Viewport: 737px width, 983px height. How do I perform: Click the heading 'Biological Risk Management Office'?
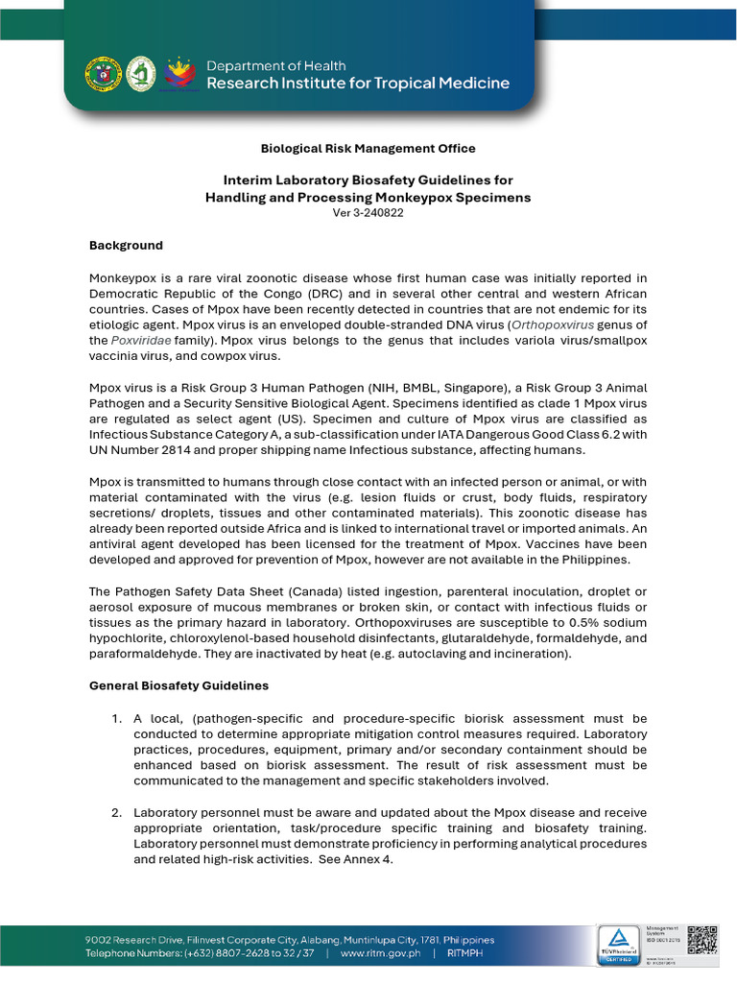(x=368, y=149)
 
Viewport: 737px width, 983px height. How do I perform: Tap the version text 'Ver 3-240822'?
(x=368, y=213)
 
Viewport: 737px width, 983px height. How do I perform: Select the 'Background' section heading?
(x=126, y=246)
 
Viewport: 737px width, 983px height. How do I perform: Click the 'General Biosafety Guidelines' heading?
(x=178, y=686)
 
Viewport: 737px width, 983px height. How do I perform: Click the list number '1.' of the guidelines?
(x=116, y=719)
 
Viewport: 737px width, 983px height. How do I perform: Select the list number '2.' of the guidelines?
(x=116, y=813)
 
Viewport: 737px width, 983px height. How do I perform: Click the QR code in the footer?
(x=702, y=940)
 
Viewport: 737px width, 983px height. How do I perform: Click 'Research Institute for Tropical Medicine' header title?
(x=358, y=84)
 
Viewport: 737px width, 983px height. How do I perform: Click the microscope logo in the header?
(x=142, y=74)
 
